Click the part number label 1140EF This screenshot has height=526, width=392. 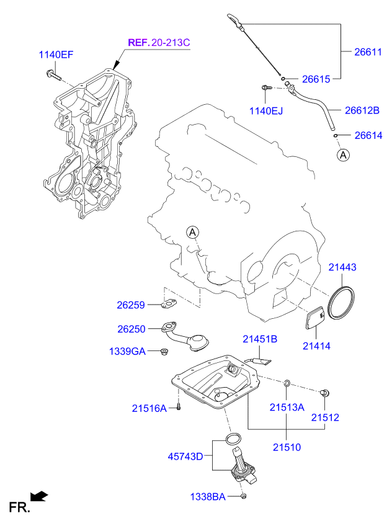tap(56, 55)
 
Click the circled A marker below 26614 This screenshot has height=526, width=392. tap(343, 155)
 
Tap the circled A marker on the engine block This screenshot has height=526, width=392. tap(193, 232)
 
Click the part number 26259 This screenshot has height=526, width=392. tap(130, 305)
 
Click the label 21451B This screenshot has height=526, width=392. tap(259, 339)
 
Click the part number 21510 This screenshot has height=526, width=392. tap(286, 447)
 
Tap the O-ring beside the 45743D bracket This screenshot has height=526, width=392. tap(233, 440)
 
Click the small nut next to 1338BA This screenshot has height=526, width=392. tap(243, 496)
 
